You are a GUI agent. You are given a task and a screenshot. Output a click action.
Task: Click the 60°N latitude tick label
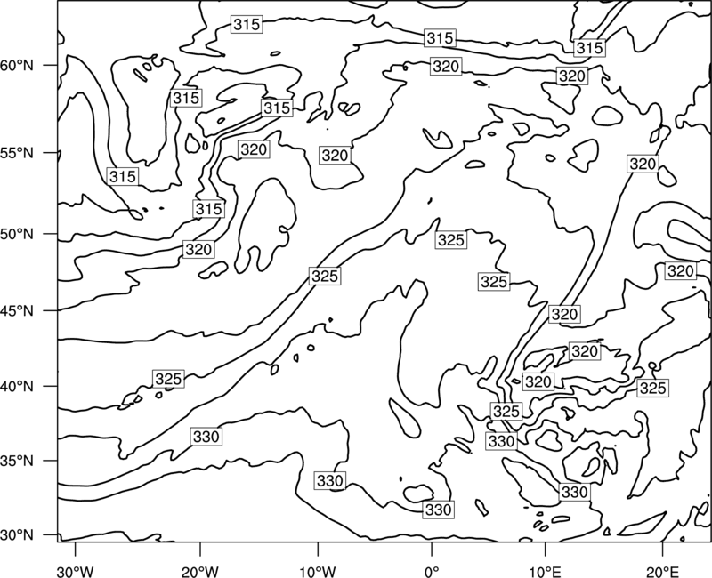17,66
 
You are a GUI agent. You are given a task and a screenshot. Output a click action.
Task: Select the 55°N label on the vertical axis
17,153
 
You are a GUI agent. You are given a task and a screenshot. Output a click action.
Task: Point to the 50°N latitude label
17,235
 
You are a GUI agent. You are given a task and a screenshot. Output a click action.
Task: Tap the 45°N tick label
17,311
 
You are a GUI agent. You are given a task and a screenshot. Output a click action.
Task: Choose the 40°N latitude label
17,387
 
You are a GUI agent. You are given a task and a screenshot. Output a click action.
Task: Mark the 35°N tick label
17,461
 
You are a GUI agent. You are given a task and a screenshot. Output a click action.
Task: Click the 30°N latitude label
17,535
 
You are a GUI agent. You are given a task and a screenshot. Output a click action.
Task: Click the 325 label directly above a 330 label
506,412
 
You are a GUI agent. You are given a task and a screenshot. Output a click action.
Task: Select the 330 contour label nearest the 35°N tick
206,437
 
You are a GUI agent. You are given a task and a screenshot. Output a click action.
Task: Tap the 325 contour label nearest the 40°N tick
169,379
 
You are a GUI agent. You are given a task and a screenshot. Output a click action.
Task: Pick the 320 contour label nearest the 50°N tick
198,250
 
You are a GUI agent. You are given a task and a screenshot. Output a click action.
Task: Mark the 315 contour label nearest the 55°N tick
123,176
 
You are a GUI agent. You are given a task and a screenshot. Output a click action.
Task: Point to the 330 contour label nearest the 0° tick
438,510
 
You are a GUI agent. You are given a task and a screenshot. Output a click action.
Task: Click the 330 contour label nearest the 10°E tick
574,492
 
